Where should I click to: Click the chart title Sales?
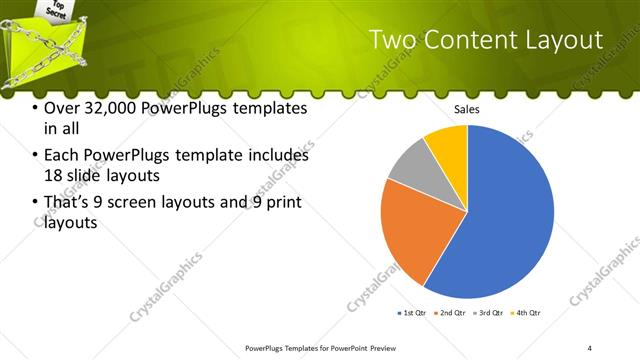pyautogui.click(x=467, y=107)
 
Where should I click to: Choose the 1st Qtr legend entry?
pyautogui.click(x=411, y=313)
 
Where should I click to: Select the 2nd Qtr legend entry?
pyautogui.click(x=453, y=313)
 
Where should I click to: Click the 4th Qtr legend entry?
pyautogui.click(x=526, y=313)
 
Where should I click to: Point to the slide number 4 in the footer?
pyautogui.click(x=590, y=348)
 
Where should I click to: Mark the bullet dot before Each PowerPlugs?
pyautogui.click(x=36, y=156)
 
